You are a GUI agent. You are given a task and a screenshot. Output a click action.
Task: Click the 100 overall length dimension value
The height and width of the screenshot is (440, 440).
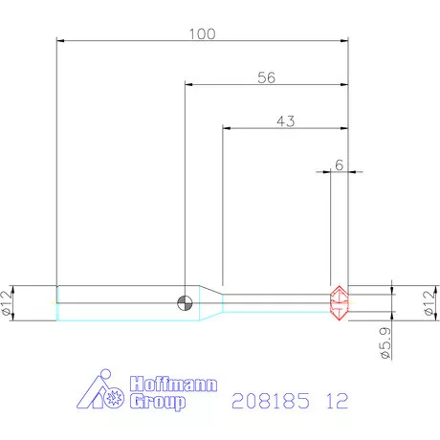pos(203,34)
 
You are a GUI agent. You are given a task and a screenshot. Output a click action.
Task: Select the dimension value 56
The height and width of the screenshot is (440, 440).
pos(266,77)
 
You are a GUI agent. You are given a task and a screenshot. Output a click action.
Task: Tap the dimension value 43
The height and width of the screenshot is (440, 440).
pos(286,121)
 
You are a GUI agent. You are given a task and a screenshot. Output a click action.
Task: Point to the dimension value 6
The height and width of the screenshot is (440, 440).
pos(340,165)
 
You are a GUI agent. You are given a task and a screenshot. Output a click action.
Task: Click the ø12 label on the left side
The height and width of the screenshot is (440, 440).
pos(7,303)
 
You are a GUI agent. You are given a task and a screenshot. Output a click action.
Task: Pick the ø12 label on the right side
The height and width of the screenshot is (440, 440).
pos(430,303)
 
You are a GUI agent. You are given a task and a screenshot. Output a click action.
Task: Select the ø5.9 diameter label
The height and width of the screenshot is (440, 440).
pos(385,343)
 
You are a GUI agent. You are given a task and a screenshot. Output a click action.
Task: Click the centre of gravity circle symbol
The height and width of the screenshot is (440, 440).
pos(185,302)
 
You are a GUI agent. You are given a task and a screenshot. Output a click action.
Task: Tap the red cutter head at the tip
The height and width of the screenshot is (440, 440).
pos(339,303)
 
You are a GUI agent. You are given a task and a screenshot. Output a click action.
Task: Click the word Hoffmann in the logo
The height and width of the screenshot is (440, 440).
pos(173,384)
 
